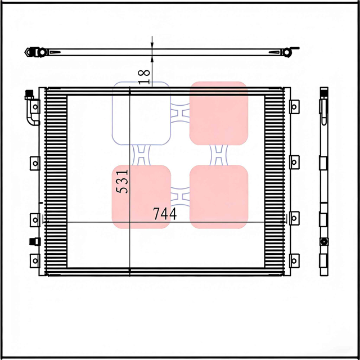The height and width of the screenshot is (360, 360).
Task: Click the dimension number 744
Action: pos(165,214)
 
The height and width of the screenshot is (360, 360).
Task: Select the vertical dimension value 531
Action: pos(123,182)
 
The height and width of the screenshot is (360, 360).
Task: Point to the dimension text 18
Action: pos(144,76)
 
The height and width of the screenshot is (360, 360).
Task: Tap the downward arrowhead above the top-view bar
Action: pos(152,45)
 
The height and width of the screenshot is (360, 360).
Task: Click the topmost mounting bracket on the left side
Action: pos(35,106)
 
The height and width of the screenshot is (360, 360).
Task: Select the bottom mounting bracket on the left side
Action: pos(35,260)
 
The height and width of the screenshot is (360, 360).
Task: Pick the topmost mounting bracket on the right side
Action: pos(294,106)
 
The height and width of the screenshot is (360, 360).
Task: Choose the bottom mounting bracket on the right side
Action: pos(294,260)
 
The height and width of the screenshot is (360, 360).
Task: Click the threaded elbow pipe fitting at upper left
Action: pos(29,110)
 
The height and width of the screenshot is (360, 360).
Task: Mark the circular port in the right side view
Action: pos(324,241)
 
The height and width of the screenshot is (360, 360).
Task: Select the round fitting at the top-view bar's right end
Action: pos(286,53)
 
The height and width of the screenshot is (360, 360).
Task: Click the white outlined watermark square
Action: pos(141,112)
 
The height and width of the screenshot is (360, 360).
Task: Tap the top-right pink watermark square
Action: pos(219,112)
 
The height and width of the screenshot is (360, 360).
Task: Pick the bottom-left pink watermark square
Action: pos(142,196)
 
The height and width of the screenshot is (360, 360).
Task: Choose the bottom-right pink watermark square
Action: pos(219,196)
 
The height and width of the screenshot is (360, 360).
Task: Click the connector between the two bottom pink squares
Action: pos(180,196)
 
